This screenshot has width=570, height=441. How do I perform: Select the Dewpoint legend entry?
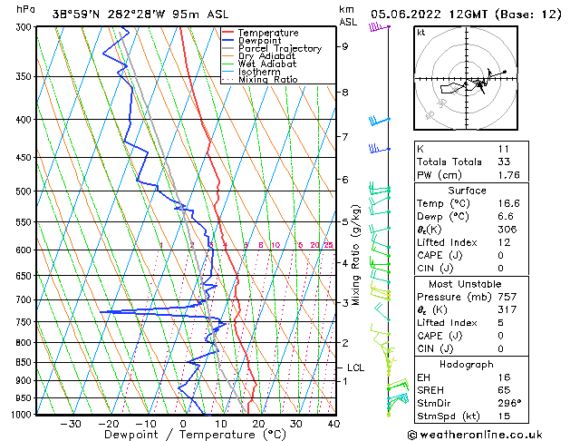[x=260, y=41]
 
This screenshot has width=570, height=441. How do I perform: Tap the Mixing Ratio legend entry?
[x=267, y=80]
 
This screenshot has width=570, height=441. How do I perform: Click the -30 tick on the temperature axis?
[x=71, y=424]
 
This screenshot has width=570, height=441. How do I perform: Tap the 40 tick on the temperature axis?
[x=333, y=424]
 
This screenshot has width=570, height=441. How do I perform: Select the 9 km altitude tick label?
[x=345, y=46]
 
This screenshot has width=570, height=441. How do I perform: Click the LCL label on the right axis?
[x=355, y=367]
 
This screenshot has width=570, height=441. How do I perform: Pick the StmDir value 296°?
[x=501, y=403]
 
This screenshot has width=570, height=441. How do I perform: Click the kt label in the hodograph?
[x=420, y=33]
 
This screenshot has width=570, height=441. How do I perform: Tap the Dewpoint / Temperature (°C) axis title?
[x=182, y=435]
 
